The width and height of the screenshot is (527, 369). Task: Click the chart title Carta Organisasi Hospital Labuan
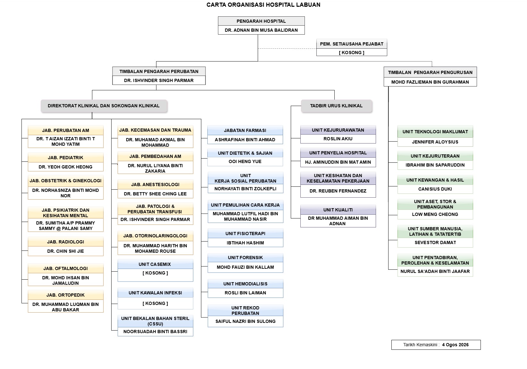[263, 5]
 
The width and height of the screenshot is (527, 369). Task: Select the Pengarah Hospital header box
[261, 21]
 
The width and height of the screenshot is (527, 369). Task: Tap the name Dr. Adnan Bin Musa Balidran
[261, 30]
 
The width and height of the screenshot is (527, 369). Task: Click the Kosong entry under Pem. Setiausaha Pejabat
[351, 53]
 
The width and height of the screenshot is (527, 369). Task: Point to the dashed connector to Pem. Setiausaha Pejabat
[287, 49]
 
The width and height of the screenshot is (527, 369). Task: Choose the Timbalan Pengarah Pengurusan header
[430, 72]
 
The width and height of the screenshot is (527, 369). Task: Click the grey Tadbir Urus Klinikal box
[337, 106]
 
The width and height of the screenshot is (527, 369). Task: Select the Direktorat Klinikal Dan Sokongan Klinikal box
[104, 106]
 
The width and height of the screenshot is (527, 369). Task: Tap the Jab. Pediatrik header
[66, 158]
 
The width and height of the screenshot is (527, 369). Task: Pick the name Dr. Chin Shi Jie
[66, 251]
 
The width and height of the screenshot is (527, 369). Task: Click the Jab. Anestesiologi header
[155, 184]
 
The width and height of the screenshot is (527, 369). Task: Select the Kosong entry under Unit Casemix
[155, 273]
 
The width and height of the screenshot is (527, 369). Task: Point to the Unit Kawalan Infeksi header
[155, 293]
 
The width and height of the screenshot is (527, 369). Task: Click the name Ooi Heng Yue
[245, 161]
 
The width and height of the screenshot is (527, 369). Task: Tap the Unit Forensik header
[245, 258]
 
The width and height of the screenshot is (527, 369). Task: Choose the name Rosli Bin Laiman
[245, 293]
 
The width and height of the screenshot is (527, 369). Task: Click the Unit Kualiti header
[338, 210]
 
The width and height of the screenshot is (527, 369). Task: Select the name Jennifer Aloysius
[435, 142]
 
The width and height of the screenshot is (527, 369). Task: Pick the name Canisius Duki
[435, 189]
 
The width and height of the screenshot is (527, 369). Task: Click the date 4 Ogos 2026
[455, 345]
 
